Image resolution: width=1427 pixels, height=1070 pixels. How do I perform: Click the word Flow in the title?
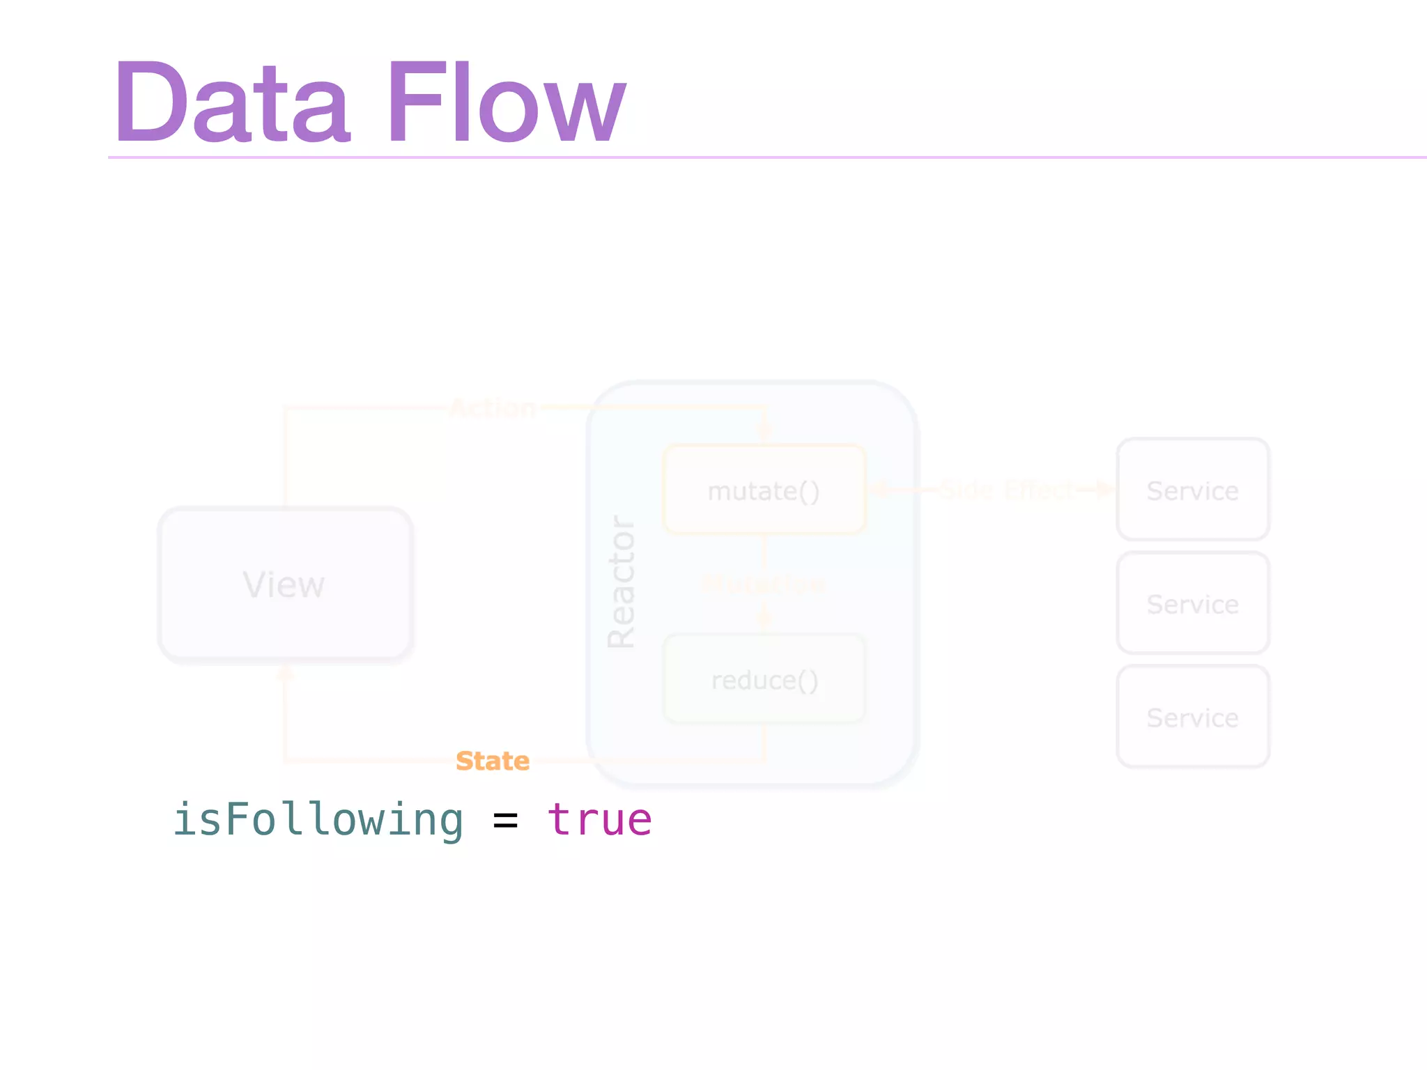tap(506, 102)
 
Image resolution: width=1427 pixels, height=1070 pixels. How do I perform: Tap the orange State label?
tap(493, 761)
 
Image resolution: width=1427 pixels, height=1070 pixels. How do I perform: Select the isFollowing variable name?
tap(318, 819)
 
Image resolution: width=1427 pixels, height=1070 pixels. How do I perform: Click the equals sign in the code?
tap(505, 821)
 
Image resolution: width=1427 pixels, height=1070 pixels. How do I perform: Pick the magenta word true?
tap(600, 819)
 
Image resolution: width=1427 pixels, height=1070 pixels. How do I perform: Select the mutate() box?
tap(764, 490)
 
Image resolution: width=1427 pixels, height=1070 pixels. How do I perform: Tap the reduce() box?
tap(764, 679)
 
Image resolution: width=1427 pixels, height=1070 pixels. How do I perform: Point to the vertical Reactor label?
tap(621, 582)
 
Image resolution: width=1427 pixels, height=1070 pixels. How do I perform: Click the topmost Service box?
tap(1193, 490)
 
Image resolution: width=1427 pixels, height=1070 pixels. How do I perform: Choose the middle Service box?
tap(1193, 603)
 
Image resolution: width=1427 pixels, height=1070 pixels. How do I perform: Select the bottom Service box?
tap(1193, 717)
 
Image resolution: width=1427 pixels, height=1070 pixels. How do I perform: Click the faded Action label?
tap(493, 408)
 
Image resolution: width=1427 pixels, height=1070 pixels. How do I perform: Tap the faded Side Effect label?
tap(1008, 490)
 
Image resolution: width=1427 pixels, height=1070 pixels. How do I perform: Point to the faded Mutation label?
tap(763, 584)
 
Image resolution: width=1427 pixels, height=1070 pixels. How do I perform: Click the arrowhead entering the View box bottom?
tap(285, 672)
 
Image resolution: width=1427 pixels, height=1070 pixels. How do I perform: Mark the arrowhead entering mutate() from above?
tap(764, 430)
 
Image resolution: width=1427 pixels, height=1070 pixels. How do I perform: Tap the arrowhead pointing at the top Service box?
tap(1105, 490)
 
